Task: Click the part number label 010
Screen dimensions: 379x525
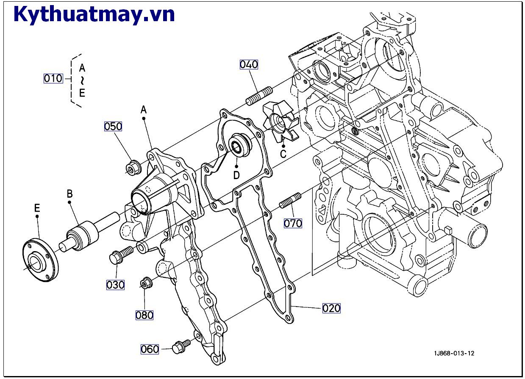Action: click(x=53, y=78)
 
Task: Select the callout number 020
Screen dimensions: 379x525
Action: click(x=331, y=308)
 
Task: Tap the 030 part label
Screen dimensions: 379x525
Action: click(x=115, y=285)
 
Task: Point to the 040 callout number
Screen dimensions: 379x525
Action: click(x=249, y=64)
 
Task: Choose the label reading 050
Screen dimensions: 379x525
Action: click(x=113, y=126)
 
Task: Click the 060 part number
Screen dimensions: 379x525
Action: click(x=150, y=349)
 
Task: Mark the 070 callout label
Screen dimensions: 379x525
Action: click(x=293, y=223)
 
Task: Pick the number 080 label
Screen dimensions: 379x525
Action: click(x=144, y=315)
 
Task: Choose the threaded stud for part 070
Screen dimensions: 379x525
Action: click(x=290, y=200)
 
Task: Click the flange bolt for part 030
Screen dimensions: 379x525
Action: click(x=121, y=255)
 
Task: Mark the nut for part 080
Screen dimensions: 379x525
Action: click(x=146, y=283)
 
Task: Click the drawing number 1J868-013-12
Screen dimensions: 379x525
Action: click(x=454, y=354)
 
